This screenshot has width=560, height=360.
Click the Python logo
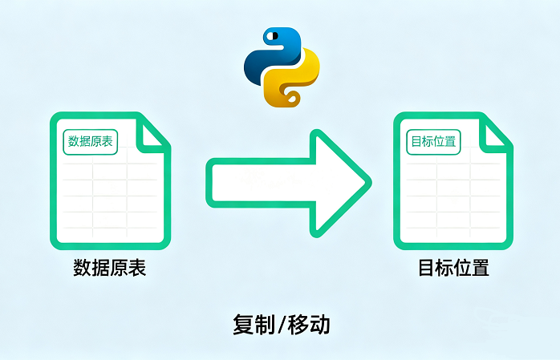(x=282, y=67)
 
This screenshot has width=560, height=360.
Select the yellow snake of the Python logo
(x=294, y=78)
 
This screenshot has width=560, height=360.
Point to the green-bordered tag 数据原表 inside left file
(x=90, y=142)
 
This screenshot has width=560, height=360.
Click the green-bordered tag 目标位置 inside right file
(x=433, y=142)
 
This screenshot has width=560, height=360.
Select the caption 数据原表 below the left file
(x=109, y=268)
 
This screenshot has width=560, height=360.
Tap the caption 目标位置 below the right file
(x=453, y=268)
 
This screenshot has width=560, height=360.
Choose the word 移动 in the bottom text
(x=309, y=325)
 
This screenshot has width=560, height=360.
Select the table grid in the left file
(x=110, y=196)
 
